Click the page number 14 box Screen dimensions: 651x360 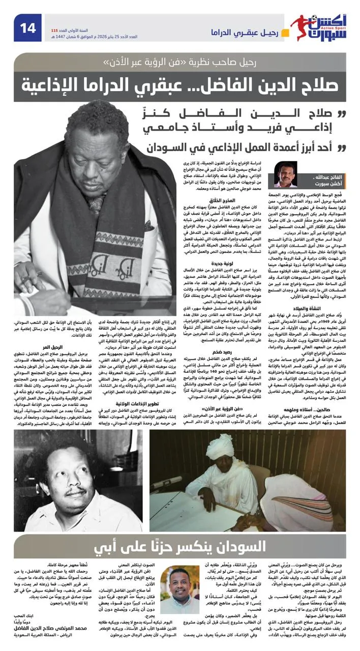tap(28, 28)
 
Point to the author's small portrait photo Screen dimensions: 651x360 tap(286, 174)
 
